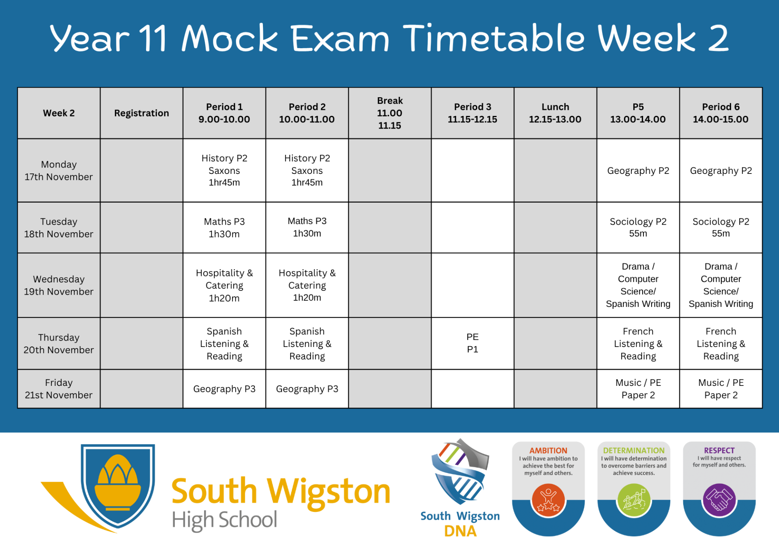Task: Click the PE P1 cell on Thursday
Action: [472, 343]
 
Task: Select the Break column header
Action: [389, 113]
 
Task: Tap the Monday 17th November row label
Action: [59, 170]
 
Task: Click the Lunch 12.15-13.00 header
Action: [555, 113]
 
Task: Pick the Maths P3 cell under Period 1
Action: [224, 227]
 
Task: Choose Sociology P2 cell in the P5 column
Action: [638, 227]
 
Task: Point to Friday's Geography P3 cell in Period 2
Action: [307, 389]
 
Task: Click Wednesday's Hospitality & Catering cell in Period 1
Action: [224, 285]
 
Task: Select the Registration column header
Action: [141, 113]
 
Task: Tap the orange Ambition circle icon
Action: [548, 500]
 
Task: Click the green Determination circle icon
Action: [634, 500]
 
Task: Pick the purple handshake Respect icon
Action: [719, 500]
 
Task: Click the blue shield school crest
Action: [118, 486]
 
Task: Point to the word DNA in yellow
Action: [460, 531]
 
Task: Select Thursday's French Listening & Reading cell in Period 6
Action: [721, 343]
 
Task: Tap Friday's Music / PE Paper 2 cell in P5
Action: [638, 389]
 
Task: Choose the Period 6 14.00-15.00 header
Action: [721, 113]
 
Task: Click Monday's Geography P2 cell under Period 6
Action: [721, 170]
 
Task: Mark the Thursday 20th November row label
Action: [59, 343]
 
